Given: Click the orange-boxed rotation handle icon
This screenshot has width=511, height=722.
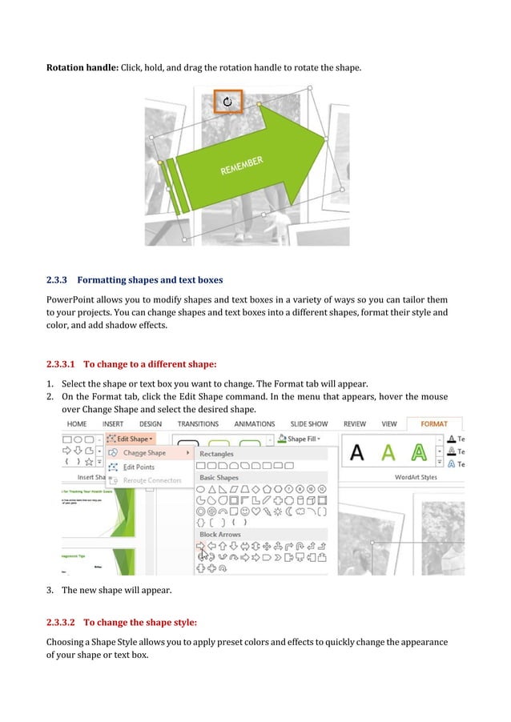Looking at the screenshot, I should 228,102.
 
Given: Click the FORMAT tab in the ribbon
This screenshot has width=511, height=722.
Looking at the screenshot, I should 434,423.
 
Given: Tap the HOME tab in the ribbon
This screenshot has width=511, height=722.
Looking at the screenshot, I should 77,423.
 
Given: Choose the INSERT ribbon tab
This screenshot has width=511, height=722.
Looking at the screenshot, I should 112,423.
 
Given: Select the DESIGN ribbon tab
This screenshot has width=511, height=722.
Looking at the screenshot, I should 151,423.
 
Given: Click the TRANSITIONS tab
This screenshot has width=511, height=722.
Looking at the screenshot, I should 198,423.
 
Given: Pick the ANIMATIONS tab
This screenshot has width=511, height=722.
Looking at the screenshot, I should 255,423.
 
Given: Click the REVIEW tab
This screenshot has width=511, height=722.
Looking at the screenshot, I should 354,423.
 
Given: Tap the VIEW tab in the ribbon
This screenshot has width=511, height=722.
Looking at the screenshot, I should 389,423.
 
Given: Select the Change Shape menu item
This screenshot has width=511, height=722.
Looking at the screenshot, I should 144,453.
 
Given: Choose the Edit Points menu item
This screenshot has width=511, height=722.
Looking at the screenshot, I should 139,467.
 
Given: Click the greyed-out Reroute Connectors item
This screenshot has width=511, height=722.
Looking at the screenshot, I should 152,480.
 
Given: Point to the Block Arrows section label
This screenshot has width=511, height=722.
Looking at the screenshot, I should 220,534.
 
